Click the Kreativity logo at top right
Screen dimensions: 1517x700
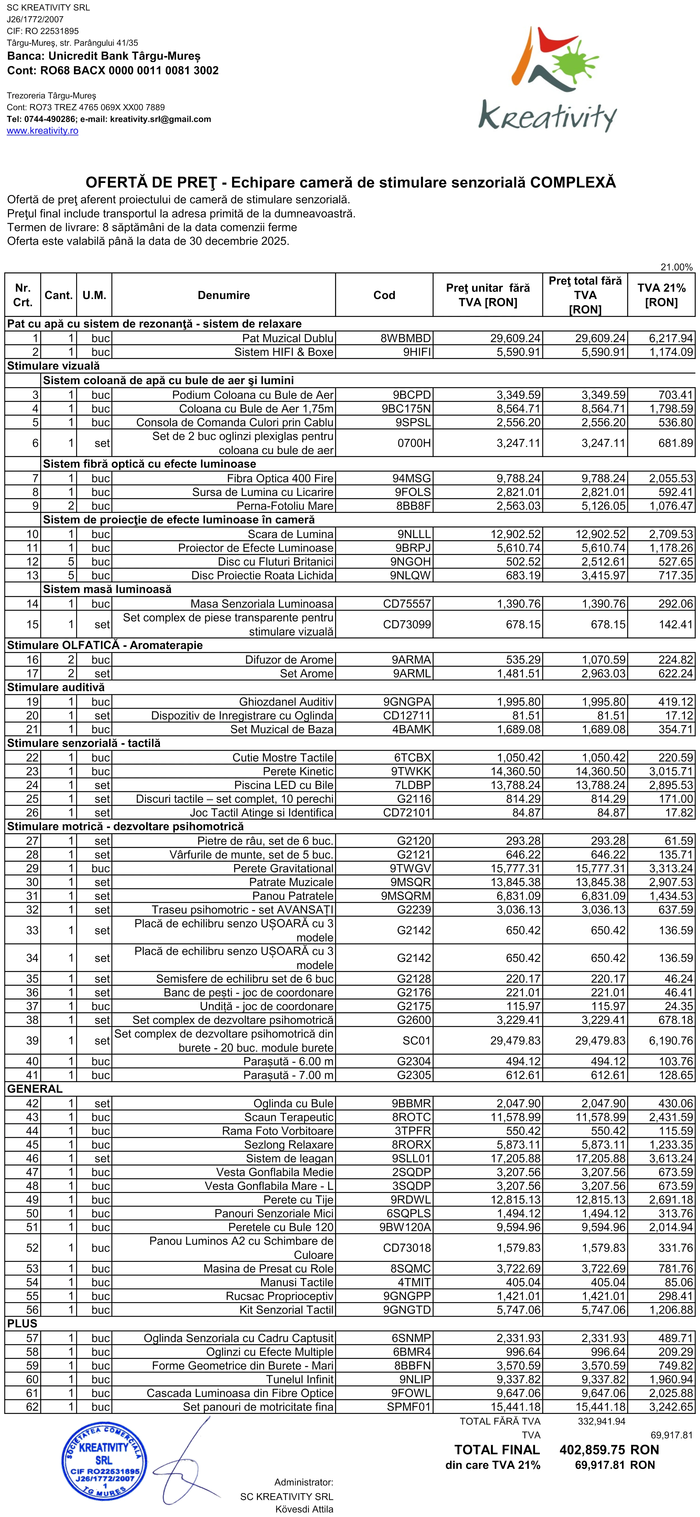pyautogui.click(x=547, y=80)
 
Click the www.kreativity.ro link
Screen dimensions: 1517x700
pyautogui.click(x=42, y=131)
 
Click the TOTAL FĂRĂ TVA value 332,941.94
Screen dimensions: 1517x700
pyautogui.click(x=602, y=1421)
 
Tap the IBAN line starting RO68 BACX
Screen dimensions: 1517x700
pyautogui.click(x=113, y=71)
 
